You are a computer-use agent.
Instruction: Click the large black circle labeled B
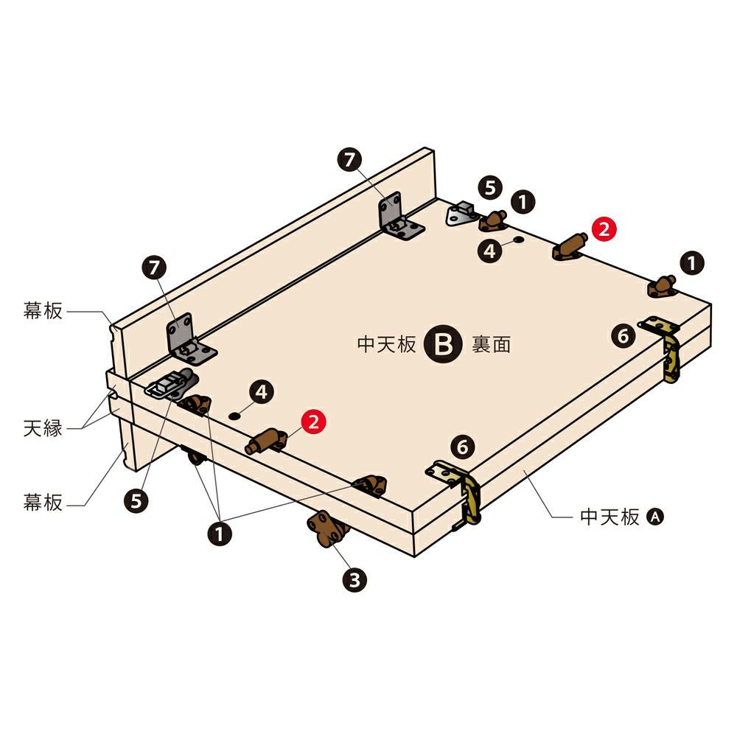click(443, 344)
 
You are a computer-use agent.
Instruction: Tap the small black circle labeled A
click(655, 517)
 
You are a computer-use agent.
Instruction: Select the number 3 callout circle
click(354, 580)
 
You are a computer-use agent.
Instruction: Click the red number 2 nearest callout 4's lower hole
click(313, 422)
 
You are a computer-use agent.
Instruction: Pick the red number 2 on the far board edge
click(604, 229)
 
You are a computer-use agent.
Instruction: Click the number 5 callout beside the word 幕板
click(136, 501)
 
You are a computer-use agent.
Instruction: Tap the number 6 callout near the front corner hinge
click(463, 447)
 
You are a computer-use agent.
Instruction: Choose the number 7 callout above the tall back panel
click(349, 160)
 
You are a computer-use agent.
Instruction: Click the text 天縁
click(43, 429)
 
